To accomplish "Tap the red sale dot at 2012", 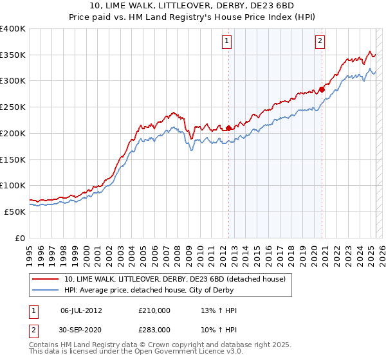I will (x=228, y=128).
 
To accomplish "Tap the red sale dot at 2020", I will (x=322, y=89).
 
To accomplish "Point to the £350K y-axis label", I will (x=13, y=55).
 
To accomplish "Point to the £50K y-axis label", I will (x=15, y=212).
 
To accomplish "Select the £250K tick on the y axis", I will (x=13, y=107).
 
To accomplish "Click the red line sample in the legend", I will (x=45, y=278).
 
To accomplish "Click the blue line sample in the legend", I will (x=45, y=290).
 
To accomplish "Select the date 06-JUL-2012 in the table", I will (x=81, y=310).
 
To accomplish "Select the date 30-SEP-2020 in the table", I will (x=81, y=330).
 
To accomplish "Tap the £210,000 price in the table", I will (x=154, y=310).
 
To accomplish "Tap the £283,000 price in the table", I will (x=154, y=330).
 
